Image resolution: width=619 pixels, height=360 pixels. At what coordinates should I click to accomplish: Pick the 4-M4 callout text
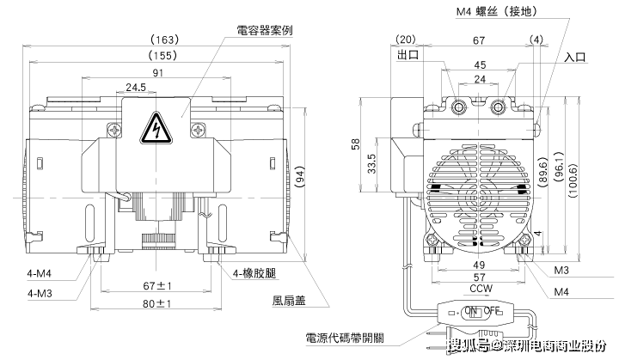coord(40,275)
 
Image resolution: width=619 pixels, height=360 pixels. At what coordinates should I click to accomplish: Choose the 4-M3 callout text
coord(40,294)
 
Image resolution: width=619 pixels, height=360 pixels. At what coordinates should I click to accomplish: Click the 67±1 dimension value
coord(159,285)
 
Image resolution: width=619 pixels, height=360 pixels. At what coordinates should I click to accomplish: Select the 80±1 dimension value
coord(159,303)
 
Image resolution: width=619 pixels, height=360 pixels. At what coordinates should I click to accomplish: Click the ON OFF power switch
coord(481,311)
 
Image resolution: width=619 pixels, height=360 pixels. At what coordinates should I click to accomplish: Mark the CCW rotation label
coord(481,290)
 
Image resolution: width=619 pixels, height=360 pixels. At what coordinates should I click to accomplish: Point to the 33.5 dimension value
coord(370,161)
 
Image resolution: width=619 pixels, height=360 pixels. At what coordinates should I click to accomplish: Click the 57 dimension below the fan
coord(481,278)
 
